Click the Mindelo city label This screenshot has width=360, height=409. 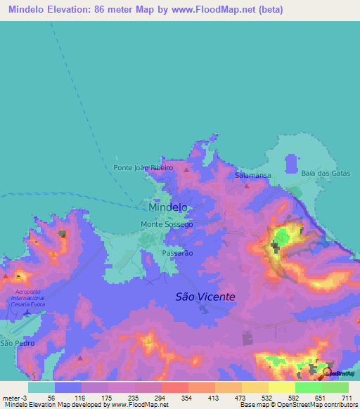coord(168,208)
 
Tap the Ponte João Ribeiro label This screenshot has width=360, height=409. coord(143,168)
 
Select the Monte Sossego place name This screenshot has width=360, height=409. coord(167,224)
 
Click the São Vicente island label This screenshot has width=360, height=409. coord(205,297)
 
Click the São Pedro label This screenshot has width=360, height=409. coord(15,343)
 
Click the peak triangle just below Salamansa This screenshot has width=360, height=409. coord(246,186)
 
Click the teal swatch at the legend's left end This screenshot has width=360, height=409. coord(41,387)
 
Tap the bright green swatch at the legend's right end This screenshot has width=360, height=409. coord(335,387)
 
